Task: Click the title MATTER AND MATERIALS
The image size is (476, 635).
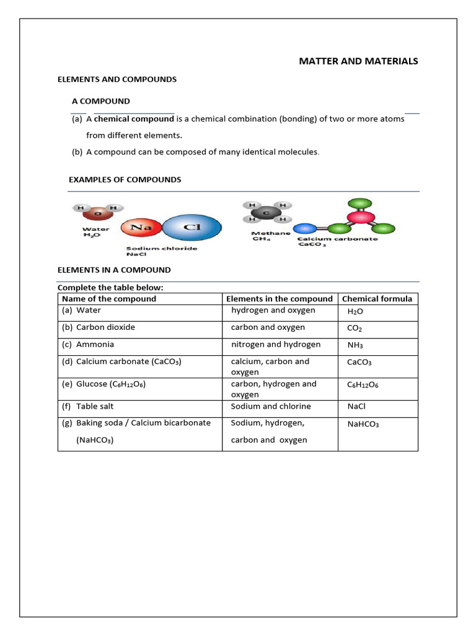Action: [358, 61]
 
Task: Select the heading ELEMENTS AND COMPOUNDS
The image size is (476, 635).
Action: [117, 79]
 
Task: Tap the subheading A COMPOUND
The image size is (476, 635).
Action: [101, 101]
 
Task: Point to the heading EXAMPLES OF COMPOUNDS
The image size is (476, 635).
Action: [125, 180]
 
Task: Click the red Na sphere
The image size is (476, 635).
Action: [141, 228]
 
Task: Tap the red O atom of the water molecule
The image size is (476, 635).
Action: [96, 215]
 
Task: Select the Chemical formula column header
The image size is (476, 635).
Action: [377, 299]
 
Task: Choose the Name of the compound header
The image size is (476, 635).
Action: [109, 299]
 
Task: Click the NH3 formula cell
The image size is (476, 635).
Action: [355, 345]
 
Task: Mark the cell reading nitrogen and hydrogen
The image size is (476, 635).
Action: [276, 345]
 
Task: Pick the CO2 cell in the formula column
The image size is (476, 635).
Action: [355, 328]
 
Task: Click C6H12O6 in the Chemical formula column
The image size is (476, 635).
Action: [363, 384]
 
